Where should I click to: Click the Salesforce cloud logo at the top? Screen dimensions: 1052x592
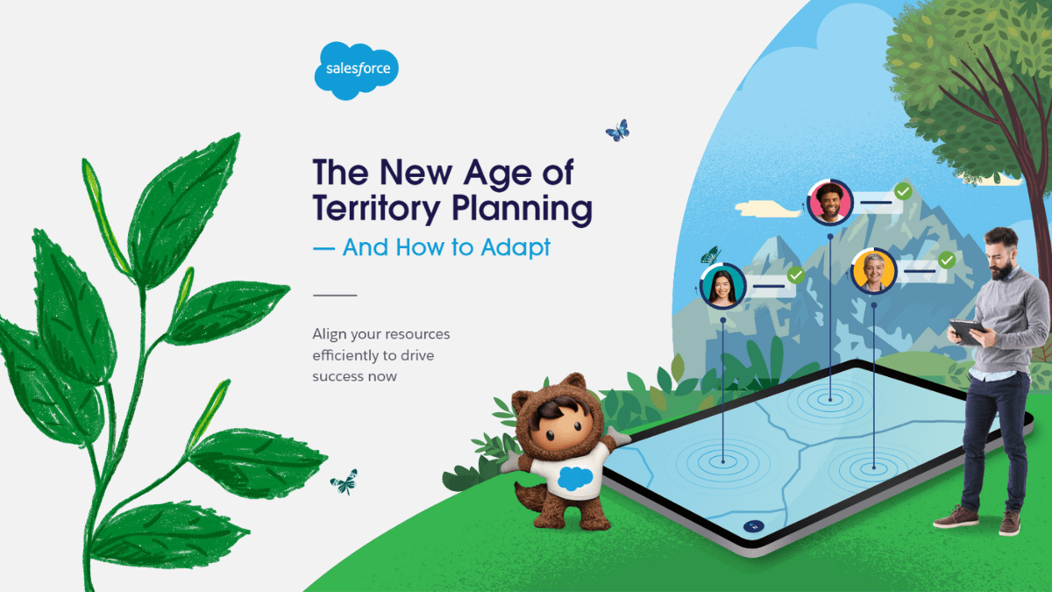click(357, 70)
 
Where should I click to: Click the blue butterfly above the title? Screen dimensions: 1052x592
click(618, 131)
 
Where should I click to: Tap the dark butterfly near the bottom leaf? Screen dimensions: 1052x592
click(345, 482)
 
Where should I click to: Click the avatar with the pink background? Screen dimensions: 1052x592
click(830, 203)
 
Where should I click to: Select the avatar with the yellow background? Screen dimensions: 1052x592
click(873, 272)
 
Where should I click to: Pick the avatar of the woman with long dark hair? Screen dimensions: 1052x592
click(722, 286)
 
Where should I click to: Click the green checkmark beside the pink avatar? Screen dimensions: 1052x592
click(903, 191)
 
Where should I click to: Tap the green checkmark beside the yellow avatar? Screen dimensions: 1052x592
click(946, 260)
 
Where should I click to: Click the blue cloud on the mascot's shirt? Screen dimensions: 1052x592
click(575, 478)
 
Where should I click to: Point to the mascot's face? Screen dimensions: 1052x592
click(560, 425)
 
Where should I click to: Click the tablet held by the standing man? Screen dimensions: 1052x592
click(969, 332)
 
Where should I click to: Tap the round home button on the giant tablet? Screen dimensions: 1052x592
click(754, 526)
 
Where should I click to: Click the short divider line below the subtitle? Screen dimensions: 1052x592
click(335, 295)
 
